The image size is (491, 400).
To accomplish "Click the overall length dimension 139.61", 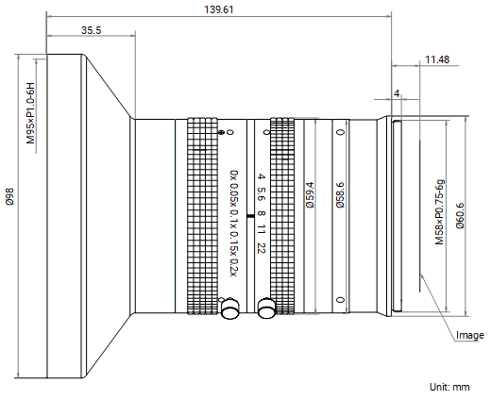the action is (x=219, y=9).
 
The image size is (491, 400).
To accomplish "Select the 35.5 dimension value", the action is (x=92, y=30).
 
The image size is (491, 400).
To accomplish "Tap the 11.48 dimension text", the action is (x=437, y=59).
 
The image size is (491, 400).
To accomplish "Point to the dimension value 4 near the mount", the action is (x=397, y=93).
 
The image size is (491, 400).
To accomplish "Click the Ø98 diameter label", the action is (x=9, y=196).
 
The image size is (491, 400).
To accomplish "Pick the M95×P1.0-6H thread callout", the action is (x=30, y=113).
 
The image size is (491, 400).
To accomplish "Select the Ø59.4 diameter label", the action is (x=310, y=195).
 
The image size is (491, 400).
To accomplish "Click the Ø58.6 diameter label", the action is (x=340, y=195).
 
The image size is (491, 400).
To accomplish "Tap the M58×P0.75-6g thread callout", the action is (x=439, y=212).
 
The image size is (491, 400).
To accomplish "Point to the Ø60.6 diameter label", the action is (x=460, y=216).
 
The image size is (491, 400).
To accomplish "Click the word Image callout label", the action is (x=470, y=336).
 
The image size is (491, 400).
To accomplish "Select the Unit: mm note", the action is (x=449, y=387).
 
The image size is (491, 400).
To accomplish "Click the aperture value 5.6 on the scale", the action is (x=262, y=194).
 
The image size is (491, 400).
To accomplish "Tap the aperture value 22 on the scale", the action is (x=262, y=248).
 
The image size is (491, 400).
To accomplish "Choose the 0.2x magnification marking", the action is (x=233, y=268).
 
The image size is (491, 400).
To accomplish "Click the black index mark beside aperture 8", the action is (x=250, y=216).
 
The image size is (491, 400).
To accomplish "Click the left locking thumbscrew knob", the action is (x=230, y=308).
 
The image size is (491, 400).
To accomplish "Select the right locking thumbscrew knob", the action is (x=266, y=308).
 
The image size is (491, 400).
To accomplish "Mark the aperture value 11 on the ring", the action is (x=262, y=229).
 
